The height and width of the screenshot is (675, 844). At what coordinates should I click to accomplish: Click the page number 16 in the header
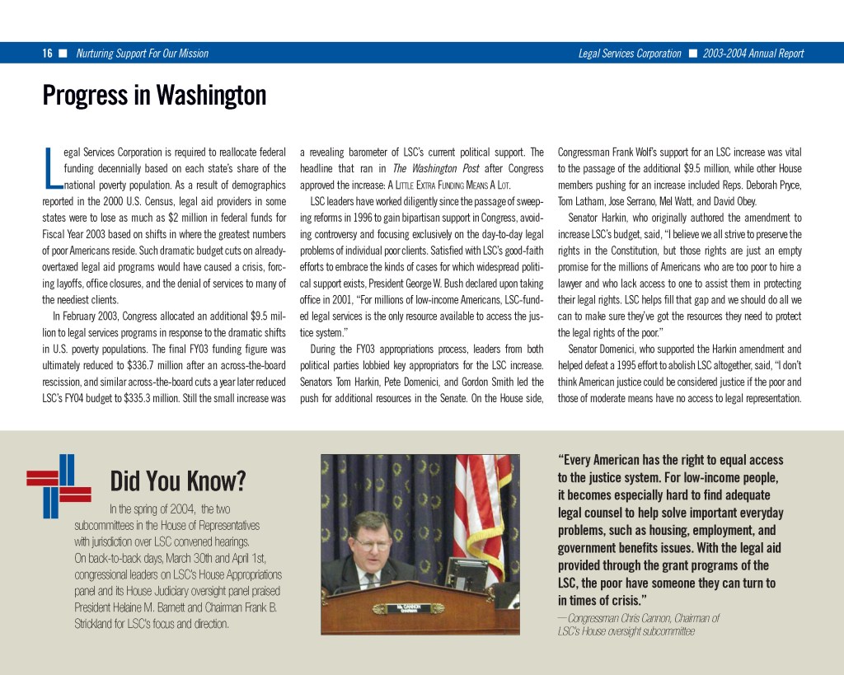click(48, 54)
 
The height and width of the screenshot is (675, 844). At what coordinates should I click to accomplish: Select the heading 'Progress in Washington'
click(154, 96)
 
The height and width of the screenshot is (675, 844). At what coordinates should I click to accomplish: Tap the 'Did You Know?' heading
click(178, 480)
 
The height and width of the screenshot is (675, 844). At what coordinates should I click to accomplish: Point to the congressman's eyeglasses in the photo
click(373, 544)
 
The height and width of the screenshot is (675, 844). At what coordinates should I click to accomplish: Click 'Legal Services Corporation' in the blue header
click(630, 54)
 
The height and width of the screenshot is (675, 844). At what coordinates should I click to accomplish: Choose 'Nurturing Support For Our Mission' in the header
click(142, 54)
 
